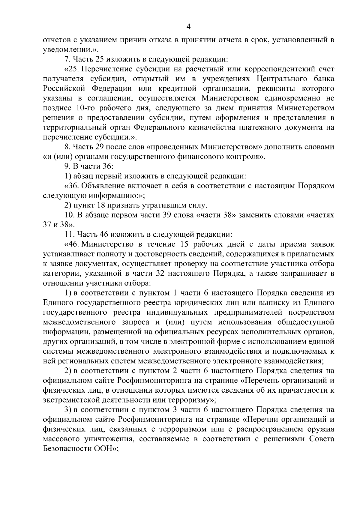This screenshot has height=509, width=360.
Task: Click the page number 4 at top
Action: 188,27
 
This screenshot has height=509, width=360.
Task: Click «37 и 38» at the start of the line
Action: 57,225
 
